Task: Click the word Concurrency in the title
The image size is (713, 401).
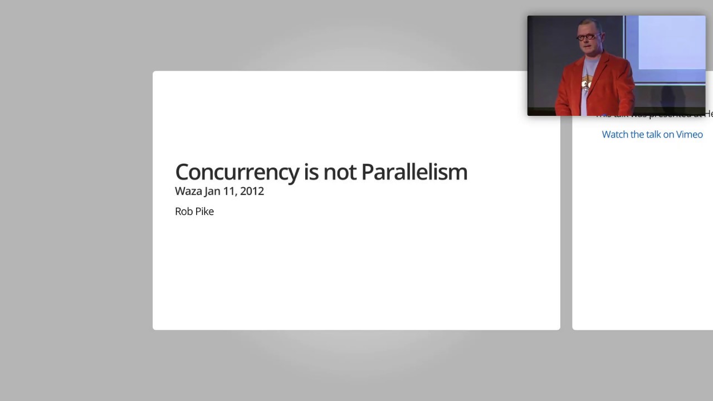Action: point(237,172)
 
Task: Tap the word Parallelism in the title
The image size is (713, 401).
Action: point(414,172)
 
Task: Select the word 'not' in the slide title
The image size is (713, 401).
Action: point(339,172)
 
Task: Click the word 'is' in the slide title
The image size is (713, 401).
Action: point(311,172)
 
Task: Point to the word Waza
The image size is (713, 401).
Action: point(188,191)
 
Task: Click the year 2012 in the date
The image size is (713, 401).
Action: point(252,191)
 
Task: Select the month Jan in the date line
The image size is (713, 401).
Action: point(212,191)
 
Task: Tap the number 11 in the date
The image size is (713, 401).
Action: point(230,191)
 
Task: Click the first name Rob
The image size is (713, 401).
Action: point(183,211)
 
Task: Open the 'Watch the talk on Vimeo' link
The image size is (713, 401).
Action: point(652,134)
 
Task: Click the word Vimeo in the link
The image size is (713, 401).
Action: point(690,134)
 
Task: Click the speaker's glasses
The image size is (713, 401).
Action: point(588,38)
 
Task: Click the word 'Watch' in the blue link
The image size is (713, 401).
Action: point(615,134)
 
